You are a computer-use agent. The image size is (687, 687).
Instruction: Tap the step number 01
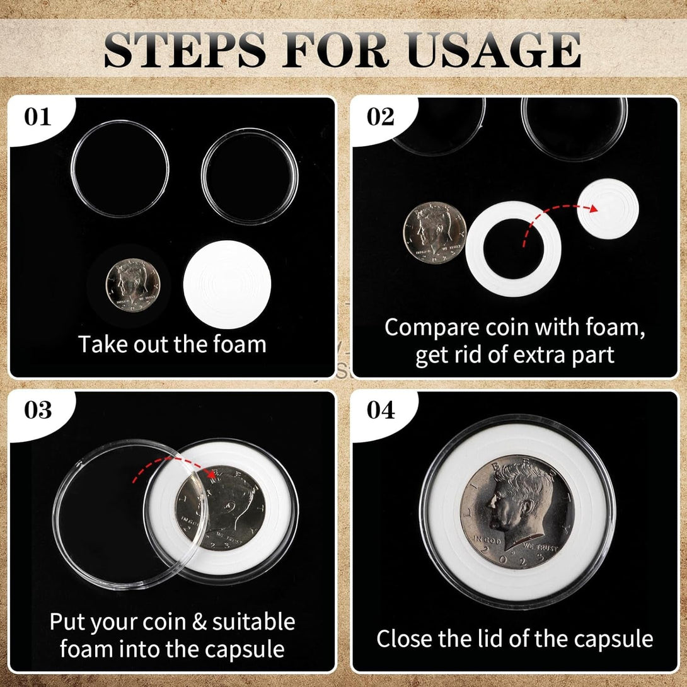click(x=38, y=118)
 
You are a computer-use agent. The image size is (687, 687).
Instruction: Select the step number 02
click(x=380, y=117)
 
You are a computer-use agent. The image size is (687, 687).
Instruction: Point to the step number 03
click(x=38, y=410)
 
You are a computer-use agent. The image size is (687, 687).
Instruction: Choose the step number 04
click(x=381, y=410)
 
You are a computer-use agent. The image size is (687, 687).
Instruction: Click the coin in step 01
click(x=132, y=286)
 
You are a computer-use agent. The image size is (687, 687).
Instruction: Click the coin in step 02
click(x=435, y=233)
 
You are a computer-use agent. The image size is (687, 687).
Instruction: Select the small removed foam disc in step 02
click(x=608, y=210)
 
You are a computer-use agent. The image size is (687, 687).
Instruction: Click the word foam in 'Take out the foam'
click(x=241, y=345)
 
